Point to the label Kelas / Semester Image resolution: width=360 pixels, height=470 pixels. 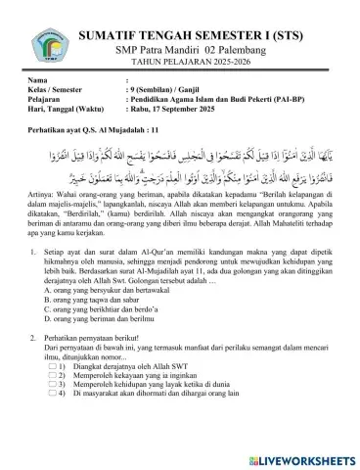click(x=58, y=88)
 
